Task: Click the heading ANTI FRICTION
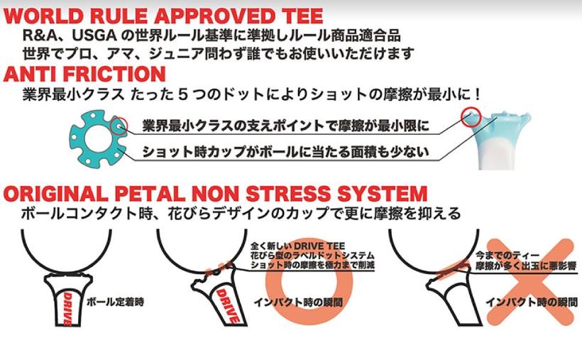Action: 85,73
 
